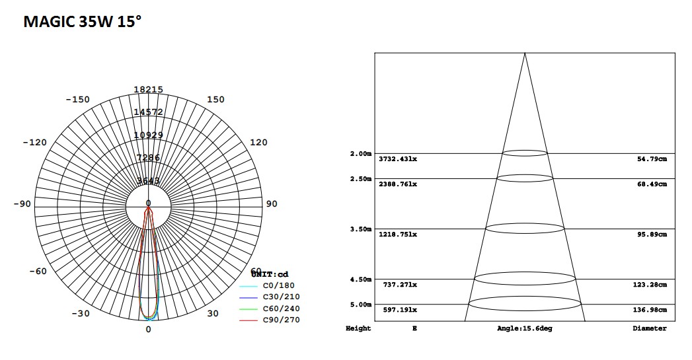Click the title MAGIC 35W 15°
82,22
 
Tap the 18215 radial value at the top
148,90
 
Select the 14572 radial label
148,112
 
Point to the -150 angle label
77,100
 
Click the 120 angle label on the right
259,143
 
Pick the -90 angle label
22,204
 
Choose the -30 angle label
80,314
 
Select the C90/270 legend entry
281,320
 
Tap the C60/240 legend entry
281,308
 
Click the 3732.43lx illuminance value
398,159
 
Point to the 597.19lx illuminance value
400,310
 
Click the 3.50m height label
361,229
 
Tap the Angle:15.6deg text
524,328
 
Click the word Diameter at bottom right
650,328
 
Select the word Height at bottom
358,328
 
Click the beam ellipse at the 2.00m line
525,153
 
